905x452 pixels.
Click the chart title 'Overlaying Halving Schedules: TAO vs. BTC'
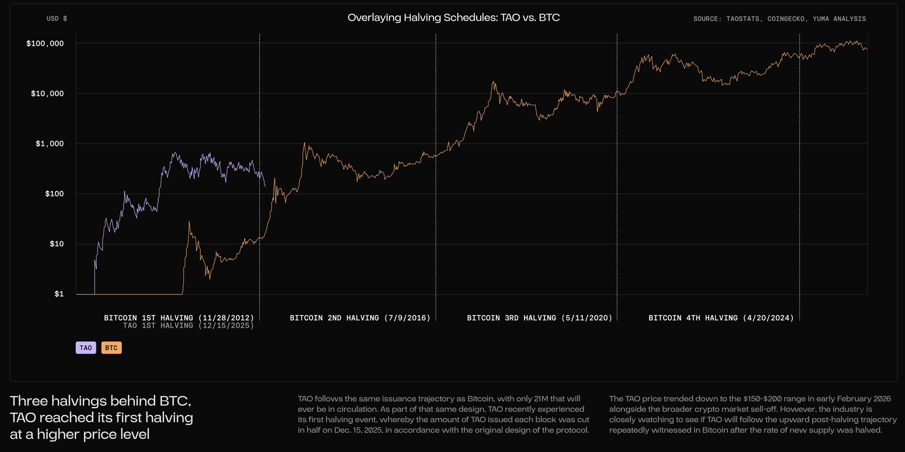click(453, 18)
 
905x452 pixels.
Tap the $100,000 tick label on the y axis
click(45, 43)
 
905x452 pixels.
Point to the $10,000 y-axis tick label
click(47, 93)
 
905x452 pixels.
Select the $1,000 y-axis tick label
click(49, 144)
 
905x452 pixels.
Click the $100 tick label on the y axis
click(54, 194)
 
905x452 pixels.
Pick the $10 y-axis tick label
click(57, 244)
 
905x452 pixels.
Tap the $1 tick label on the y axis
click(59, 294)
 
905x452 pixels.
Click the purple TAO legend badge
click(86, 348)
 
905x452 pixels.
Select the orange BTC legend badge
click(111, 348)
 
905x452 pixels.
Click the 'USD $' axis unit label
click(57, 19)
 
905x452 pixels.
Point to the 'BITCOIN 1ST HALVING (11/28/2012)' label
click(179, 318)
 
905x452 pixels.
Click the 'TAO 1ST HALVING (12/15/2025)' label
click(188, 326)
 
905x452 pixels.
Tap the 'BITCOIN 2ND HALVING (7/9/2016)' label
click(360, 318)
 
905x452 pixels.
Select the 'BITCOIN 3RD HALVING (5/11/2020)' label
click(540, 318)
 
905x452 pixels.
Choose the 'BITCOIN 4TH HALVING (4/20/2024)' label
click(721, 318)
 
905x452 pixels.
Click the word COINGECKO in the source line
click(786, 19)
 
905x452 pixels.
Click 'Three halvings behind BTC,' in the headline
click(100, 401)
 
